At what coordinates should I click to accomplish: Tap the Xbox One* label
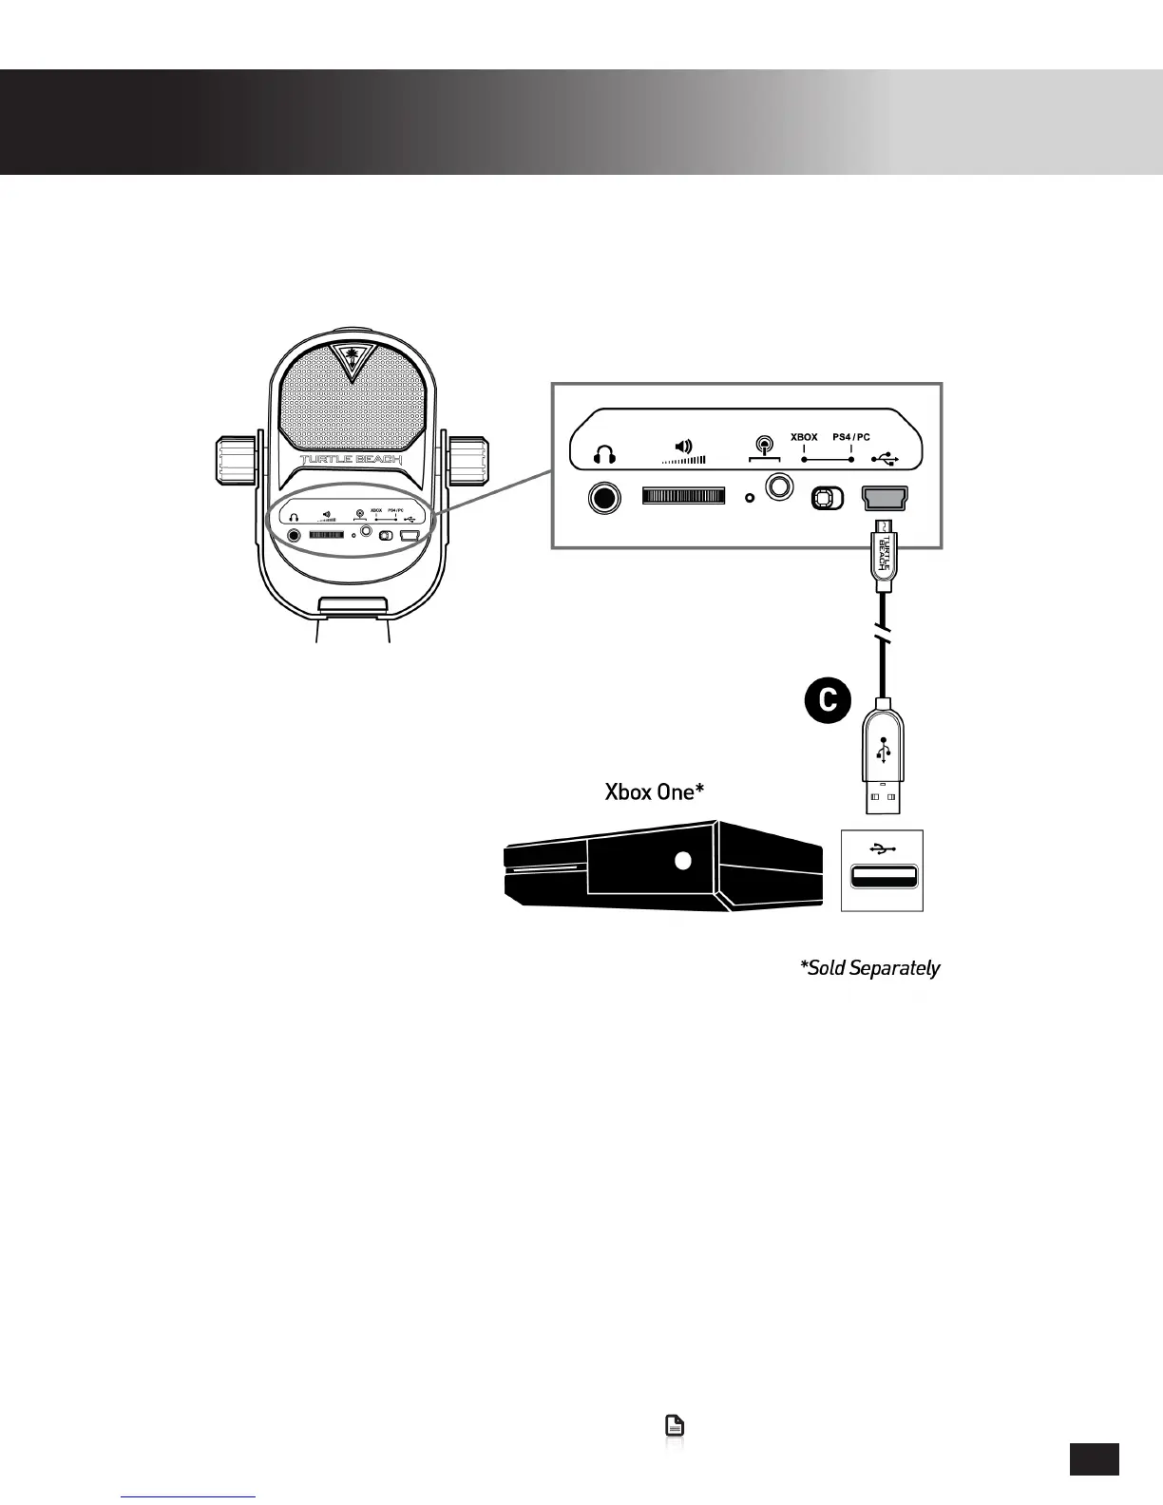[x=654, y=791]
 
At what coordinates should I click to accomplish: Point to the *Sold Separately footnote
[x=869, y=968]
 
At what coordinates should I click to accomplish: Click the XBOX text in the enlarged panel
[x=804, y=437]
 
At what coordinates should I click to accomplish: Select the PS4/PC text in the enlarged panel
[x=851, y=437]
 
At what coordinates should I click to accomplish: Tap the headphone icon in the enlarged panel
[x=603, y=455]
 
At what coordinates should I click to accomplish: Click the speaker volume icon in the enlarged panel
[x=683, y=446]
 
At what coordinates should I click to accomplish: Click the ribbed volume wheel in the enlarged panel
[x=683, y=497]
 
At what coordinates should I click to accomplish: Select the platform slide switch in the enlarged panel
[x=827, y=498]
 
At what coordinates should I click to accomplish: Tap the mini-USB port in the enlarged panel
[x=884, y=496]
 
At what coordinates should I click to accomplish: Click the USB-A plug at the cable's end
[x=884, y=760]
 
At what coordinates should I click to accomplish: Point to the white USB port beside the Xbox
[x=883, y=877]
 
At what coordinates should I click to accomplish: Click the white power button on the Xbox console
[x=681, y=861]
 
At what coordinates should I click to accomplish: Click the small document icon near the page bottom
[x=674, y=1425]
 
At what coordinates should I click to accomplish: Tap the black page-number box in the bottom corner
[x=1094, y=1459]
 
